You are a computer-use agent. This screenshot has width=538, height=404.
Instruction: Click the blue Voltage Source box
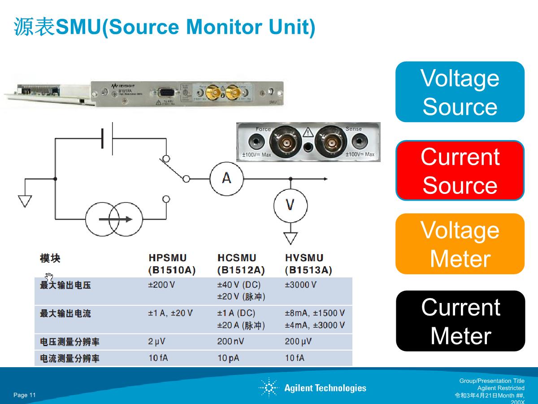tap(460, 92)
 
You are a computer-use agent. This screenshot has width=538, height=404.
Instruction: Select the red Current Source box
tap(460, 171)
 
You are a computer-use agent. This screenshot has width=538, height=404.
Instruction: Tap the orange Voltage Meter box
tap(460, 244)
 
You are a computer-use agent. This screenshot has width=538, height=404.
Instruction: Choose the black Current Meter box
tap(460, 321)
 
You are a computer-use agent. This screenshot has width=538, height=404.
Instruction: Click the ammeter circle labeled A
tap(227, 179)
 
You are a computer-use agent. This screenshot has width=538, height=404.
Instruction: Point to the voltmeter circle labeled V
tap(290, 206)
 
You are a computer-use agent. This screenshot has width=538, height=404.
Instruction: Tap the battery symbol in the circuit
tap(107, 138)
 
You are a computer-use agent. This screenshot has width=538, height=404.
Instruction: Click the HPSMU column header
tap(172, 264)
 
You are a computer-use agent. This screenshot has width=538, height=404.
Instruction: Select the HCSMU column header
tap(241, 264)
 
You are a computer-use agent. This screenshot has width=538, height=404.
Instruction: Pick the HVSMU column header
tap(308, 264)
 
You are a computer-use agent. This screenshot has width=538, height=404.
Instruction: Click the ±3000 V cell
tap(301, 285)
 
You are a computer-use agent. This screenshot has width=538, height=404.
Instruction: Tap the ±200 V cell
tap(161, 285)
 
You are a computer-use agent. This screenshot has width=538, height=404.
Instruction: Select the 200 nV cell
tap(230, 342)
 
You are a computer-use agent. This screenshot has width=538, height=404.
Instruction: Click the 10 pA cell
tap(228, 358)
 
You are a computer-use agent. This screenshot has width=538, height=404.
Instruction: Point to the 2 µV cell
tap(156, 342)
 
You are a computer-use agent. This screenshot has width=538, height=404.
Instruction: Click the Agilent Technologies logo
tap(313, 388)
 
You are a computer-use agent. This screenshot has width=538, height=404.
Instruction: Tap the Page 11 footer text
tap(25, 395)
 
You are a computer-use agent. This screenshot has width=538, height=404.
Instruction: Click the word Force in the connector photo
tap(263, 129)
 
